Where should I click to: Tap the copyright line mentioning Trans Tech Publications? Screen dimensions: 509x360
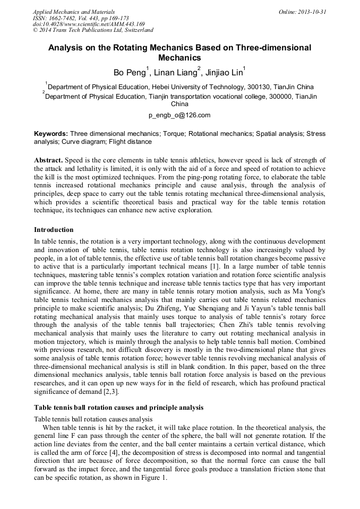pos(93,30)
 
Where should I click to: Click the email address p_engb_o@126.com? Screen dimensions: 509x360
pos(179,115)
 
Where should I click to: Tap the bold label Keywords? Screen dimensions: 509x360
pos(50,134)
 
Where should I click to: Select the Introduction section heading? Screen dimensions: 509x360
pos(54,230)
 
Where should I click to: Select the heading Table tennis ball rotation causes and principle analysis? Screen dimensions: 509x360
pos(118,408)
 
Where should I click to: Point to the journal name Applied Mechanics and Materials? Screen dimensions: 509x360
pos(73,11)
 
